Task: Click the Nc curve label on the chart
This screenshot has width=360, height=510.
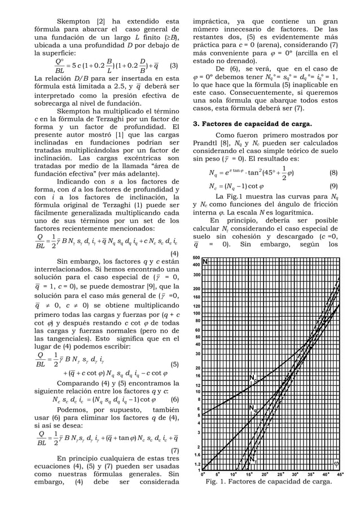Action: pyautogui.click(x=254, y=378)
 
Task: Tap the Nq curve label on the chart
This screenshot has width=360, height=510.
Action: pyautogui.click(x=254, y=408)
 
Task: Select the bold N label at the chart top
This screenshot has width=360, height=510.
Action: pyautogui.click(x=205, y=261)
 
